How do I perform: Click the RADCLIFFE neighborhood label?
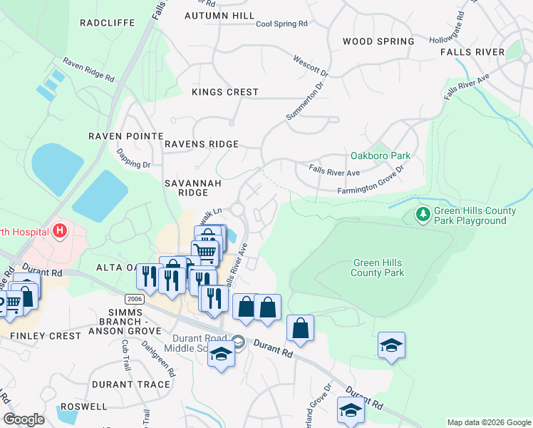pyautogui.click(x=108, y=22)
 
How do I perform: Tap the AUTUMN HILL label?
pyautogui.click(x=219, y=15)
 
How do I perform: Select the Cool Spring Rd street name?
pyautogui.click(x=281, y=24)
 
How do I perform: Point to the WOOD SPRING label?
pyautogui.click(x=378, y=41)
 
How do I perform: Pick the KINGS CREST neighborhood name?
pyautogui.click(x=225, y=92)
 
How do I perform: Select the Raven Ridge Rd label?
pyautogui.click(x=88, y=70)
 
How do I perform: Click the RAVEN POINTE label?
pyautogui.click(x=125, y=136)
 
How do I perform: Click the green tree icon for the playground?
pyautogui.click(x=422, y=213)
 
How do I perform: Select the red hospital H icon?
pyautogui.click(x=61, y=230)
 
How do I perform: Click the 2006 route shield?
pyautogui.click(x=134, y=297)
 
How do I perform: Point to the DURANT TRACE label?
pyautogui.click(x=131, y=384)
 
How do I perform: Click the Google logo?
pyautogui.click(x=24, y=419)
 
